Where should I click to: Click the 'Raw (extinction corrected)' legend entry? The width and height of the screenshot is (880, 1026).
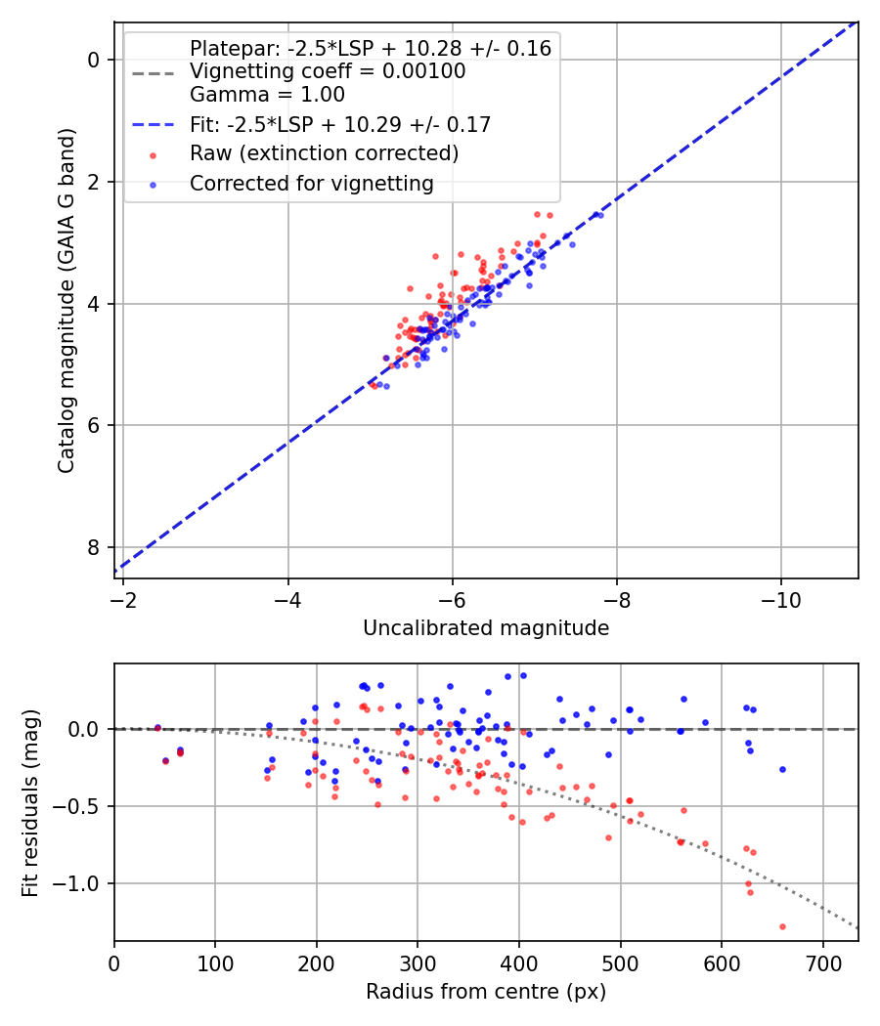[x=324, y=153]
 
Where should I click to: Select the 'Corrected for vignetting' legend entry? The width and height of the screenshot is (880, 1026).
[x=311, y=183]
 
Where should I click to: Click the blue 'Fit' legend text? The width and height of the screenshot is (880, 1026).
[x=340, y=124]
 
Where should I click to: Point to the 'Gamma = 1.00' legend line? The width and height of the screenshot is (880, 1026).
[x=267, y=95]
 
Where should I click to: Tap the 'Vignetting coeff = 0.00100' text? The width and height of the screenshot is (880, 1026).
[x=328, y=71]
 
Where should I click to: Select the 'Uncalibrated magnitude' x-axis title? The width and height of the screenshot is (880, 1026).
[x=486, y=628]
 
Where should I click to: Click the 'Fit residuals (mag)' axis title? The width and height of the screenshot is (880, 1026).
[x=30, y=802]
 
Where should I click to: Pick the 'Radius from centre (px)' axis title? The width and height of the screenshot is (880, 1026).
[x=486, y=992]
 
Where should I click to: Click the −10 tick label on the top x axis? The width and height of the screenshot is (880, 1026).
[x=780, y=595]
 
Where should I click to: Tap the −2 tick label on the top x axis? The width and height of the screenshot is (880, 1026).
[x=123, y=595]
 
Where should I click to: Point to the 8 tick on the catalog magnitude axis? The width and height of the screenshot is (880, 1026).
[x=93, y=547]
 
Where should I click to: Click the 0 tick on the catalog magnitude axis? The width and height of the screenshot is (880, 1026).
[x=93, y=61]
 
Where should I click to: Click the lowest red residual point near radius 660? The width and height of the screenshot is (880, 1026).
[x=782, y=926]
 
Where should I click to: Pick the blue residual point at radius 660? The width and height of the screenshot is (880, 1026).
[x=782, y=769]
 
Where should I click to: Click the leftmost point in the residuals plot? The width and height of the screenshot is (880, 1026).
[x=157, y=728]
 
